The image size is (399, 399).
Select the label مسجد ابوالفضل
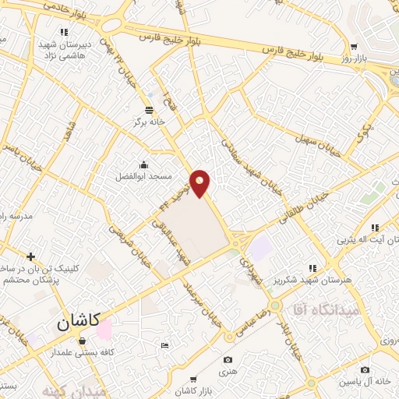tap(144, 177)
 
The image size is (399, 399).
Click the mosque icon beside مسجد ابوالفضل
tap(144, 165)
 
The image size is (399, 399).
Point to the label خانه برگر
tap(150, 122)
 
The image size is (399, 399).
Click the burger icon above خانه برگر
tap(150, 111)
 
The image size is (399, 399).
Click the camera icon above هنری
tap(228, 359)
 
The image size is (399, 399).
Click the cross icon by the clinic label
tap(30, 256)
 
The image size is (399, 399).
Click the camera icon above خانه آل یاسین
tap(365, 369)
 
